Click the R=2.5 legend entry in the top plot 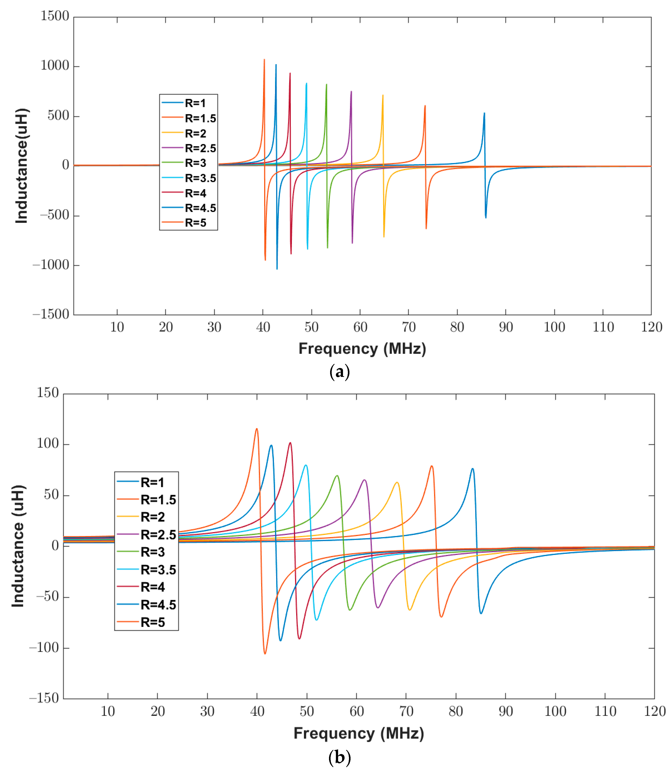[200, 148]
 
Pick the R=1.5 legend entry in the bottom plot [158, 500]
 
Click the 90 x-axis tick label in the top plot [505, 327]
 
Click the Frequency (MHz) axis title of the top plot [362, 349]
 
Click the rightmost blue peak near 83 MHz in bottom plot [472, 469]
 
